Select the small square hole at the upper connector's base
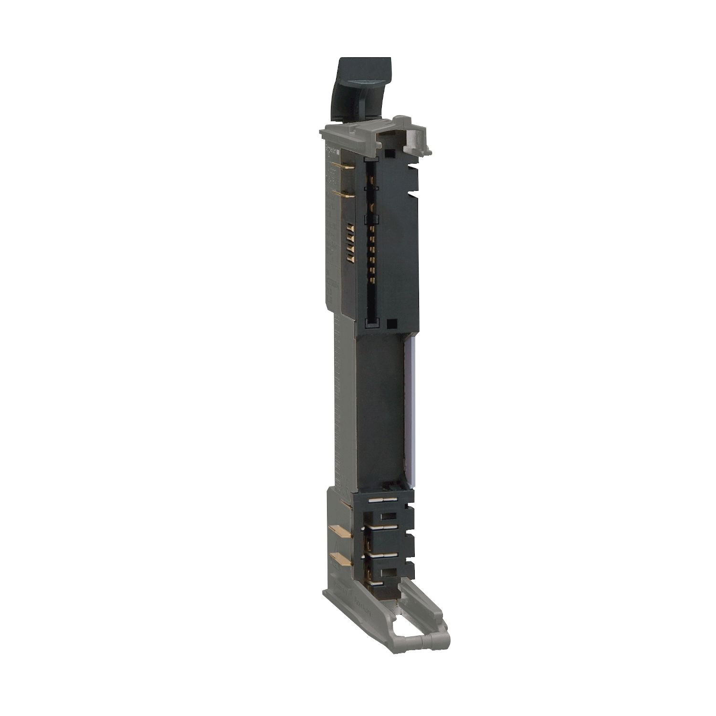tap(391, 323)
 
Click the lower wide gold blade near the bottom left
tap(340, 558)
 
